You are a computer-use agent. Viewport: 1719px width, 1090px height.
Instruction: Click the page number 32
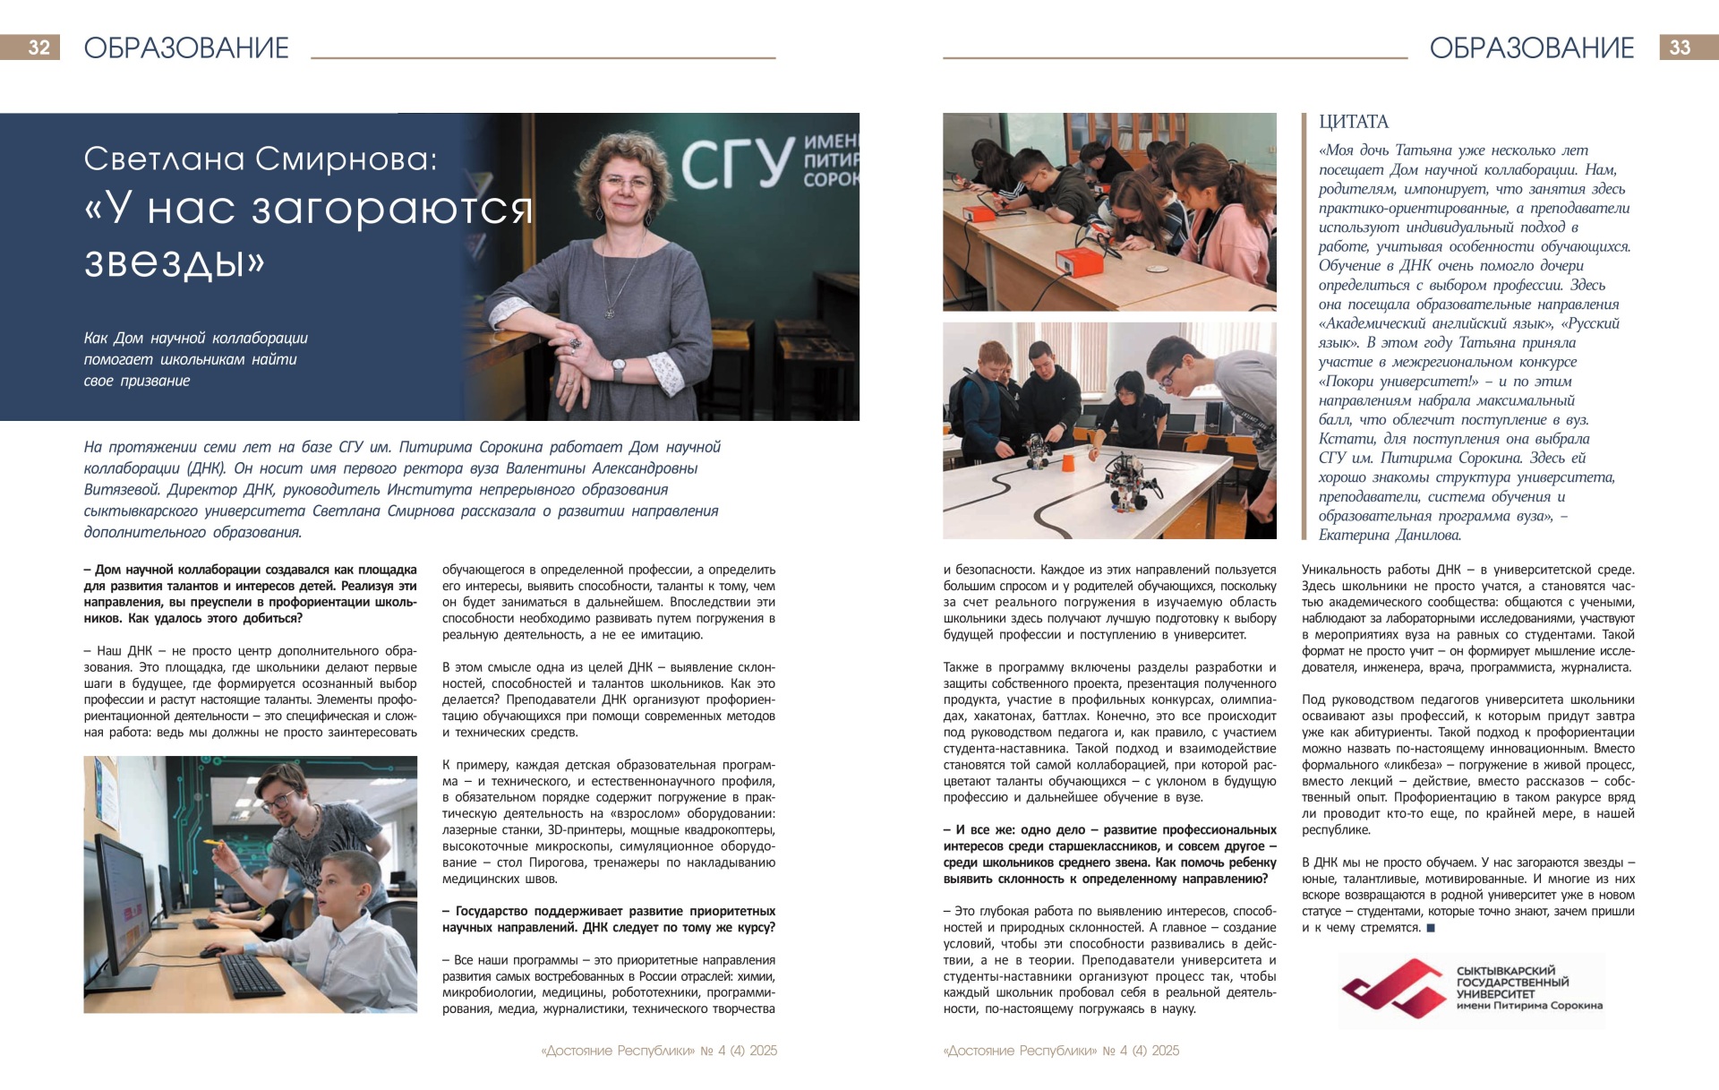pyautogui.click(x=38, y=47)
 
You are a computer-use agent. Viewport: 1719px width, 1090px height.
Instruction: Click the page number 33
pyautogui.click(x=1680, y=47)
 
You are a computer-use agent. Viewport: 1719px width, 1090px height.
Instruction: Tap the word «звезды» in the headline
pyautogui.click(x=175, y=261)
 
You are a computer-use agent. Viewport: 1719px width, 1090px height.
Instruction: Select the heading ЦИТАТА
pyautogui.click(x=1353, y=122)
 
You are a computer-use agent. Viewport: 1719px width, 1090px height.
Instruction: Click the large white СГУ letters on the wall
pyautogui.click(x=736, y=163)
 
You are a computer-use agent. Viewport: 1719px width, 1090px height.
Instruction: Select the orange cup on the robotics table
pyautogui.click(x=1067, y=463)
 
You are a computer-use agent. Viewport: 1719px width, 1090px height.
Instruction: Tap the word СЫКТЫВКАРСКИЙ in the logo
pyautogui.click(x=1506, y=971)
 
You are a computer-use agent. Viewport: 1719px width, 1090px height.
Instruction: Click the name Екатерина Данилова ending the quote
pyautogui.click(x=1390, y=536)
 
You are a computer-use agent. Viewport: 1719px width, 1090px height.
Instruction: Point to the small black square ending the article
pyautogui.click(x=1430, y=928)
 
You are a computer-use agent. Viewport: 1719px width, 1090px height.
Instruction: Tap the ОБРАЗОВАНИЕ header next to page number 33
pyautogui.click(x=1531, y=47)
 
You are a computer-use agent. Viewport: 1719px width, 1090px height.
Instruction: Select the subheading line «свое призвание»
pyautogui.click(x=137, y=381)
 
